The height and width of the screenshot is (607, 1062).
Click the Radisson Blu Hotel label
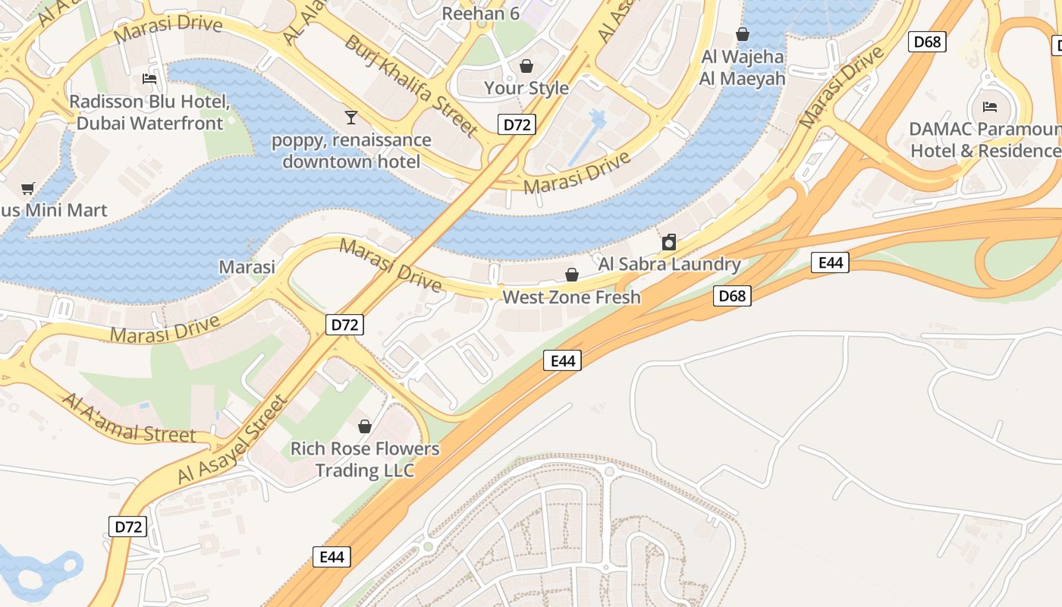pyautogui.click(x=149, y=112)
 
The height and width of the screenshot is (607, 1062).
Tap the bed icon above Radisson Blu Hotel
pyautogui.click(x=149, y=79)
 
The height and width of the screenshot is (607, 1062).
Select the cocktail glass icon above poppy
pyautogui.click(x=351, y=117)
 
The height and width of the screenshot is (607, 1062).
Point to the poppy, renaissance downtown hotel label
pyautogui.click(x=351, y=151)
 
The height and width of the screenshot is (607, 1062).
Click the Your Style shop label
pyautogui.click(x=526, y=88)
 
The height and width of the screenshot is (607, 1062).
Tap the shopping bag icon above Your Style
pyautogui.click(x=526, y=66)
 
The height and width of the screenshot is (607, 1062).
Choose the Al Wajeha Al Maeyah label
pyautogui.click(x=743, y=68)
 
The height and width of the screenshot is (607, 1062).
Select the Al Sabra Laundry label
pyautogui.click(x=669, y=264)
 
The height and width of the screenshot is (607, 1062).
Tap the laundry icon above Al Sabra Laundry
pyautogui.click(x=668, y=242)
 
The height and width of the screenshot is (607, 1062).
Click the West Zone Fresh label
pyautogui.click(x=572, y=297)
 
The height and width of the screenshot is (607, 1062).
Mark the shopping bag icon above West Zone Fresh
pyautogui.click(x=572, y=274)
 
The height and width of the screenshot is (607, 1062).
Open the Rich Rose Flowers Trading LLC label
pyautogui.click(x=365, y=459)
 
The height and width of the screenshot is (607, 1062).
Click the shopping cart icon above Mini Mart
pyautogui.click(x=28, y=187)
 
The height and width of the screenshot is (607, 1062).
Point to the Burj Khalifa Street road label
pyautogui.click(x=411, y=85)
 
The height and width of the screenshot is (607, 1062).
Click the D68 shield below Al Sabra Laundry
pyautogui.click(x=732, y=295)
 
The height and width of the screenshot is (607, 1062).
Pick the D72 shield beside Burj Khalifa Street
pyautogui.click(x=517, y=124)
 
